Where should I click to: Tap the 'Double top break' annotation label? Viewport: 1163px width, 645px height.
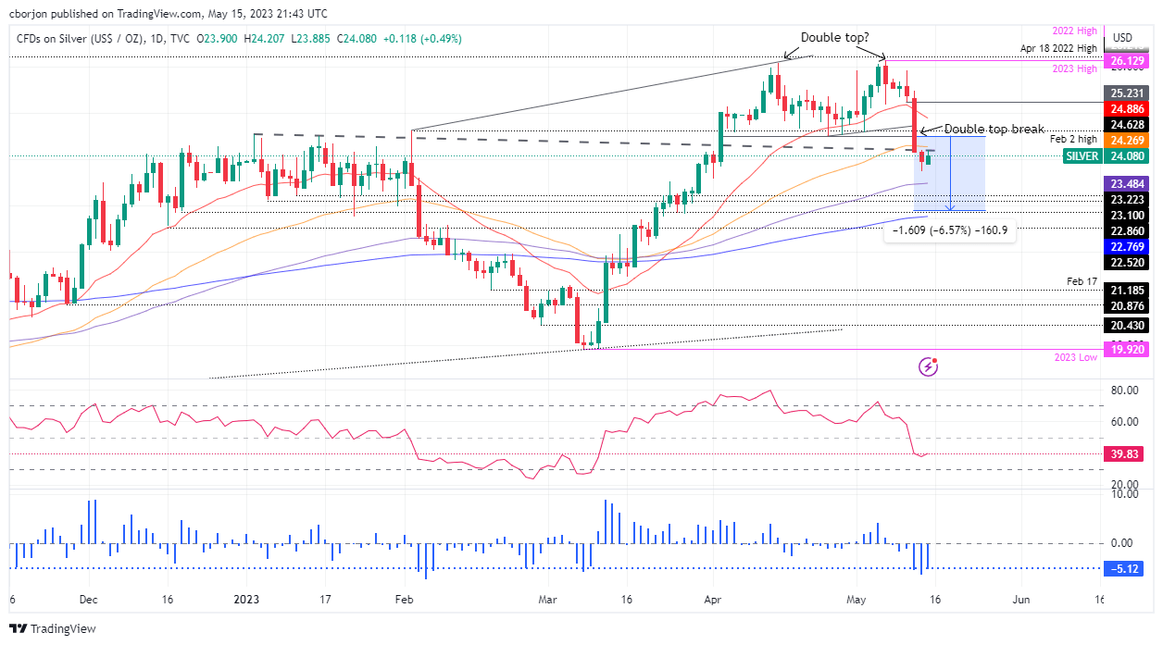994,129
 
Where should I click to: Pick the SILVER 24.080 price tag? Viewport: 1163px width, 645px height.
1121,156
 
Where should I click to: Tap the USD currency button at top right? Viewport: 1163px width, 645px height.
1121,38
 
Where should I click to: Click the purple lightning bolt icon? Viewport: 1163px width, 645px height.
929,367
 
